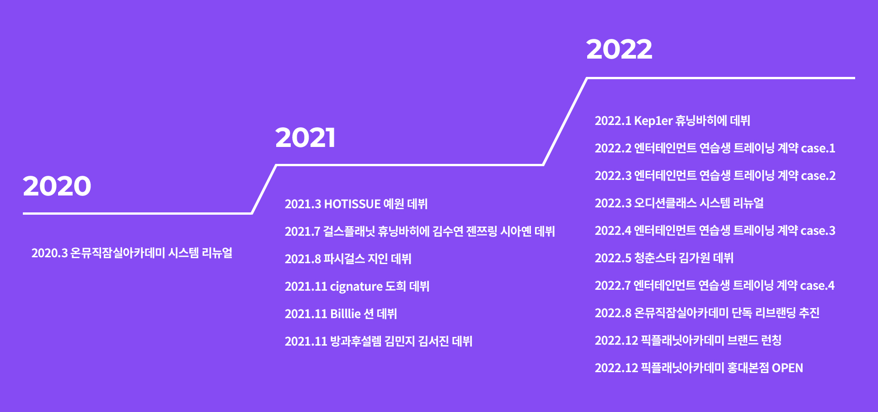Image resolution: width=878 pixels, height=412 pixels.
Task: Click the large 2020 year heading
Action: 57,186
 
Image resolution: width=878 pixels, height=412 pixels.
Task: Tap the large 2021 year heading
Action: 305,137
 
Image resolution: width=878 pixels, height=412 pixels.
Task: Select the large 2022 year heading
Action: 619,49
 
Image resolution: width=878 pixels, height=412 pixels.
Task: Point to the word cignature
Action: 356,287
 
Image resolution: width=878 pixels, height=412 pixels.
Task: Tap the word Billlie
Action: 346,314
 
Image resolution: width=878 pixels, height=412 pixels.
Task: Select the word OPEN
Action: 787,368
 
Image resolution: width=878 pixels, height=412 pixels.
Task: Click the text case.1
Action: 818,148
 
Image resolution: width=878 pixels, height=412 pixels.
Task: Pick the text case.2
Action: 818,176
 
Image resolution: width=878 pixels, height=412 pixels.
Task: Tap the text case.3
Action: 818,231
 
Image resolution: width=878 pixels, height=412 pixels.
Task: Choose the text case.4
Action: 818,286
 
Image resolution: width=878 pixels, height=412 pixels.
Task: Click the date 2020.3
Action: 49,253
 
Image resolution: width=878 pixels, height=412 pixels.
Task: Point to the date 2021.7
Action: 303,232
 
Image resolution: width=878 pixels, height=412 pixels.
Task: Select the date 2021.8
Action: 303,259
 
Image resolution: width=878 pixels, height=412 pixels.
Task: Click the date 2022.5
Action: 613,258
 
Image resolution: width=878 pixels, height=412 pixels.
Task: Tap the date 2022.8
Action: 613,313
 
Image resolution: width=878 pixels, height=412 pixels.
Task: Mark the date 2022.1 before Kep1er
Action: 613,121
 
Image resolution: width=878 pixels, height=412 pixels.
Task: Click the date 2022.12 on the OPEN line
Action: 616,368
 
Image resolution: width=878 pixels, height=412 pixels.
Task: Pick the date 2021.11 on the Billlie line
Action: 306,314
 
